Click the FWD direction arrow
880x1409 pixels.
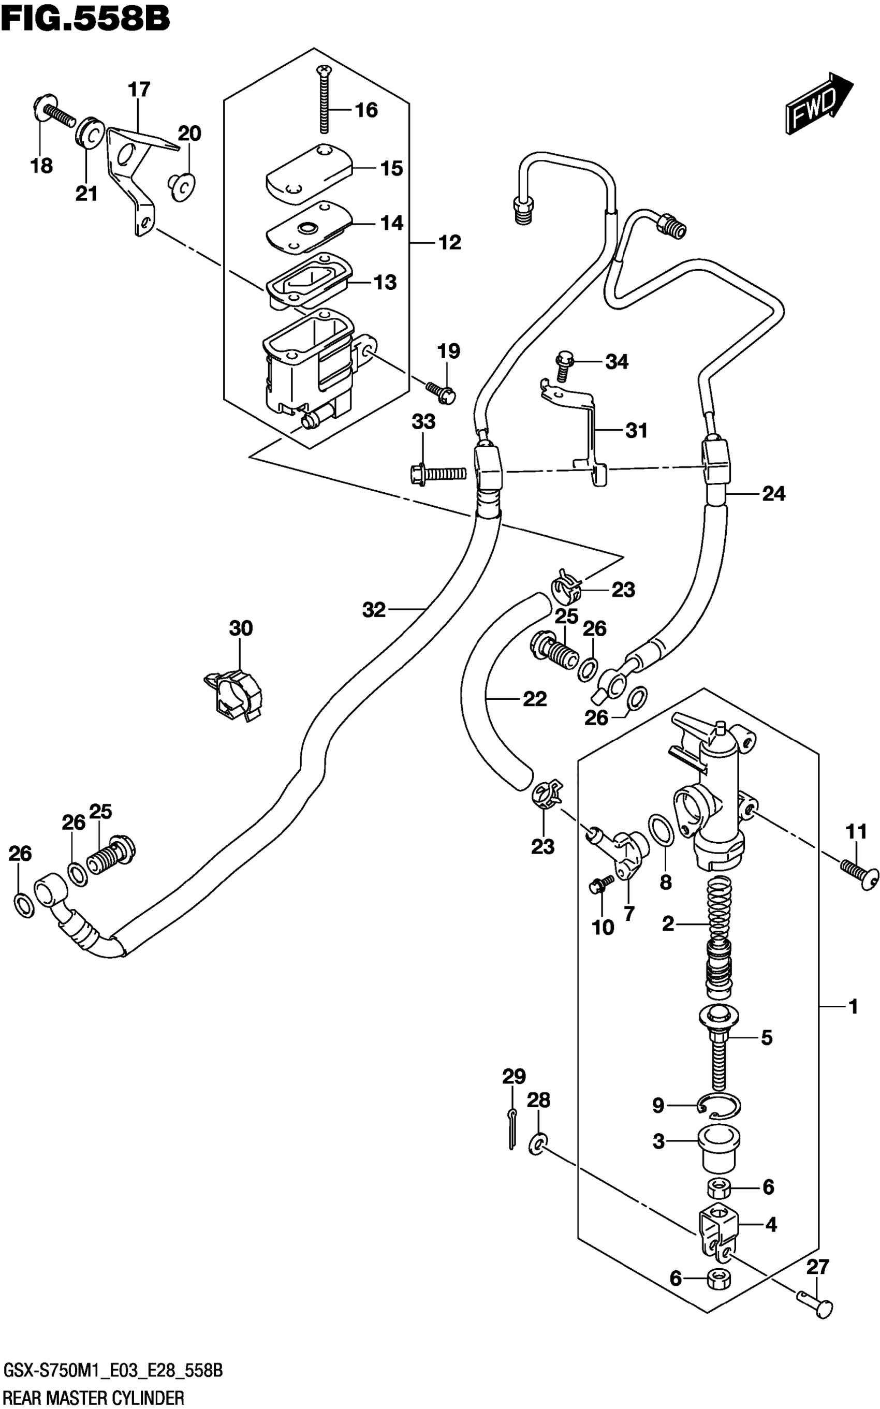(x=818, y=104)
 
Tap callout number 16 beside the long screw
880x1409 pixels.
(x=366, y=110)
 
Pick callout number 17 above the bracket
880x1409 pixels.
(x=139, y=90)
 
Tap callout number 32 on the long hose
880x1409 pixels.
(x=374, y=610)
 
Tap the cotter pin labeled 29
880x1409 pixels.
(x=511, y=1129)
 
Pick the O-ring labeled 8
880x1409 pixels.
(x=661, y=830)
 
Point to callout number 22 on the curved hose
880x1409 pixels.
(x=534, y=698)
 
